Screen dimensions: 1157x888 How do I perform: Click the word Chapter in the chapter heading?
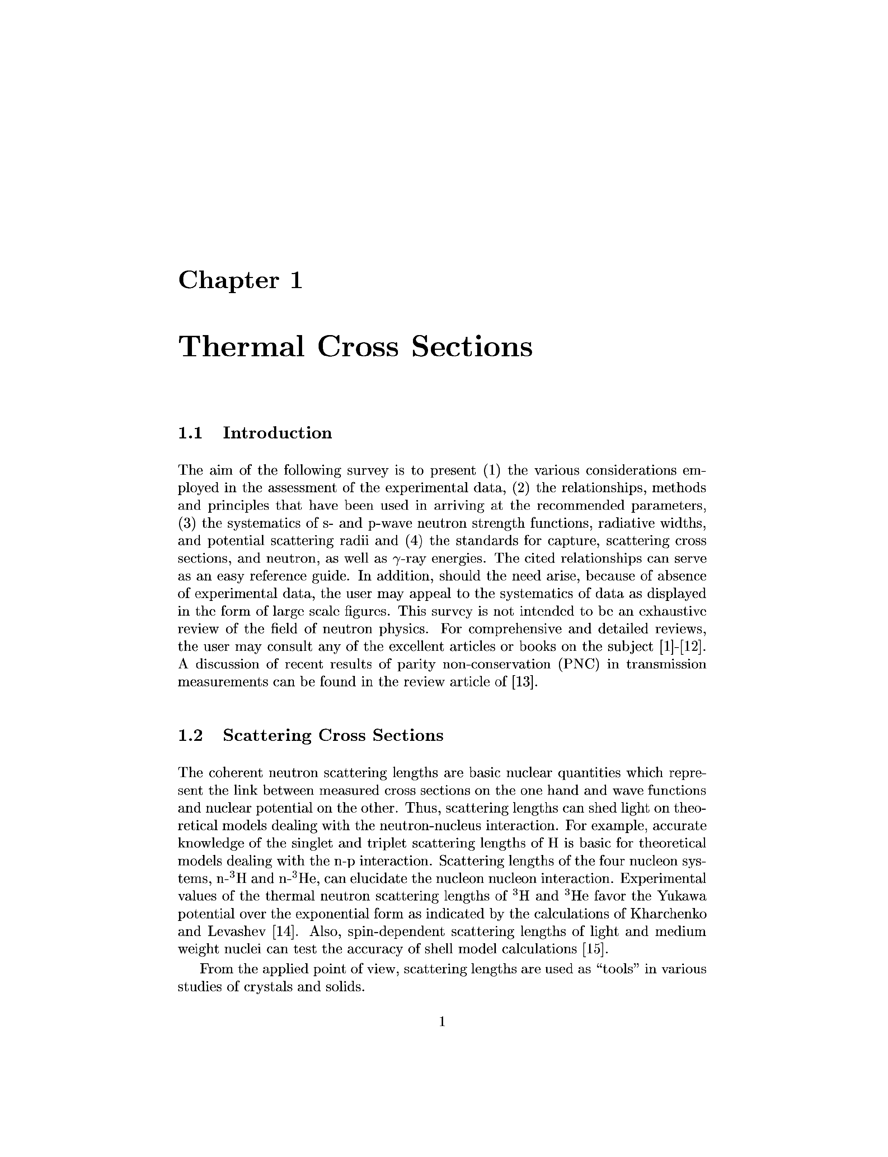click(x=228, y=280)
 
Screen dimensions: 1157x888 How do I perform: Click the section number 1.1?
click(x=190, y=433)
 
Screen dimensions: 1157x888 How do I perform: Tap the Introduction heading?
click(x=277, y=433)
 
